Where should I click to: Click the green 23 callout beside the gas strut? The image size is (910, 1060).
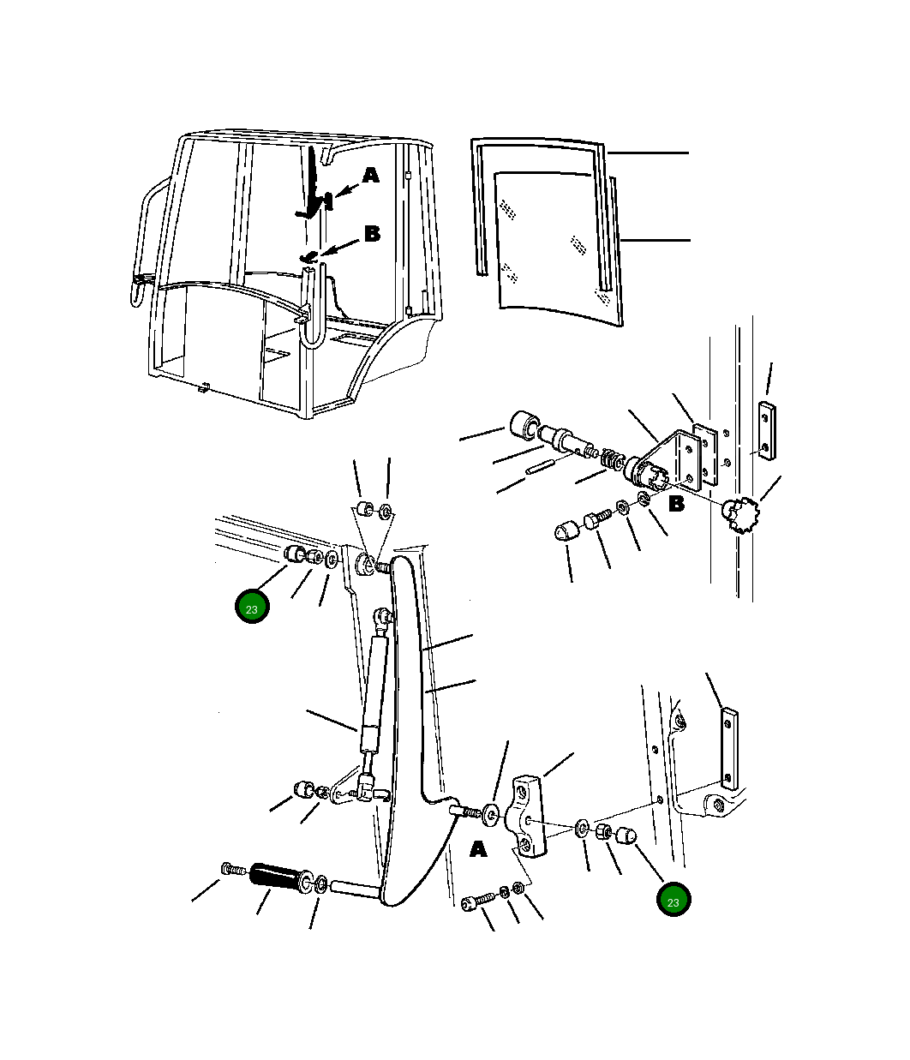(252, 606)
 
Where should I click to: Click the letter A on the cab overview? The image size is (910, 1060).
(370, 176)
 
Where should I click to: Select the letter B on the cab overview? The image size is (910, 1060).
(372, 233)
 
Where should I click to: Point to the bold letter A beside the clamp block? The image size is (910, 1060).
(478, 850)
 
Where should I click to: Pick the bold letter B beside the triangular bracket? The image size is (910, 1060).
(676, 504)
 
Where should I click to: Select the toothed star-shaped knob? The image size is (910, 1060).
(742, 514)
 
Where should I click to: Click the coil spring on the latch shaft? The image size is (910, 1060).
(610, 458)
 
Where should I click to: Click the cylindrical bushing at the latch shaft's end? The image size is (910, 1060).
(523, 426)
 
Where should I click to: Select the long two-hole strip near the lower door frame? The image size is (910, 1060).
(729, 749)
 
